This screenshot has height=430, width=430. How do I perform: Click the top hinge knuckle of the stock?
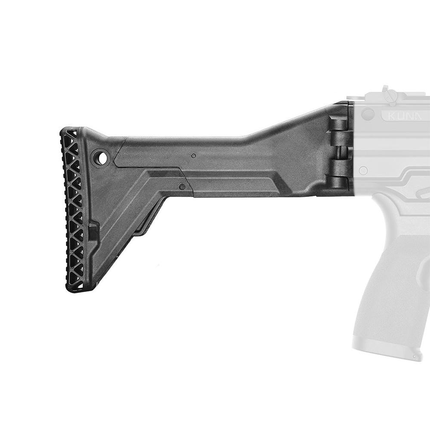[339, 125]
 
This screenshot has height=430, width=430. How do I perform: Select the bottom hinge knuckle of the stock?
[339, 182]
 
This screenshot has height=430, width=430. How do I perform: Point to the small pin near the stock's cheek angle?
[182, 187]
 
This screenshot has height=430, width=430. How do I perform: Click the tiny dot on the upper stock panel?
[193, 155]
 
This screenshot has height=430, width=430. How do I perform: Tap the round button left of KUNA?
[368, 114]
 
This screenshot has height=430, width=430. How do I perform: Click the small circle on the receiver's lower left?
[363, 171]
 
